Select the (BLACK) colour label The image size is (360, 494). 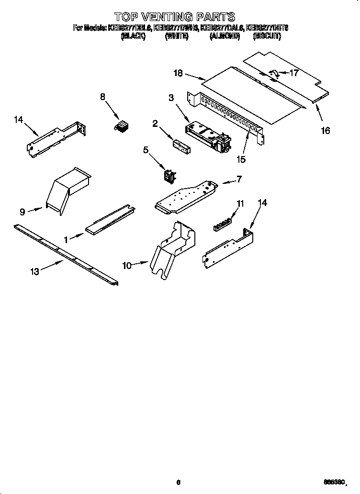point(133,36)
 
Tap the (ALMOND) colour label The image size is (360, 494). point(224,36)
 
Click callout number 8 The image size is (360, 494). point(102,97)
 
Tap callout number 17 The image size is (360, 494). point(294,73)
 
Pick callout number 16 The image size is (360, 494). point(326,130)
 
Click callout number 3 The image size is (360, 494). point(171,98)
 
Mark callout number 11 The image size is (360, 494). point(240,203)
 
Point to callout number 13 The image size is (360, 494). point(34,271)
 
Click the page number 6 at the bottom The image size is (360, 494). point(178,482)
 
